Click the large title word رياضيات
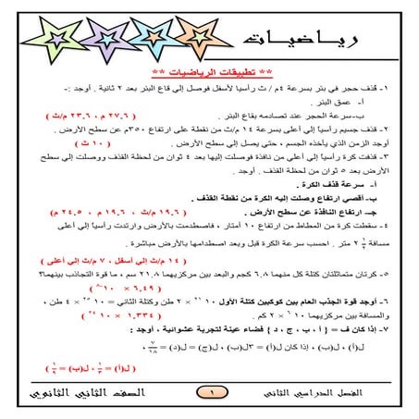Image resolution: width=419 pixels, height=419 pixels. pyautogui.click(x=287, y=41)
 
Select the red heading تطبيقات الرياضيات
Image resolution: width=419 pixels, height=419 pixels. pyautogui.click(x=209, y=71)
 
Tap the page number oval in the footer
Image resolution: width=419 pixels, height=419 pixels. pyautogui.click(x=209, y=393)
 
